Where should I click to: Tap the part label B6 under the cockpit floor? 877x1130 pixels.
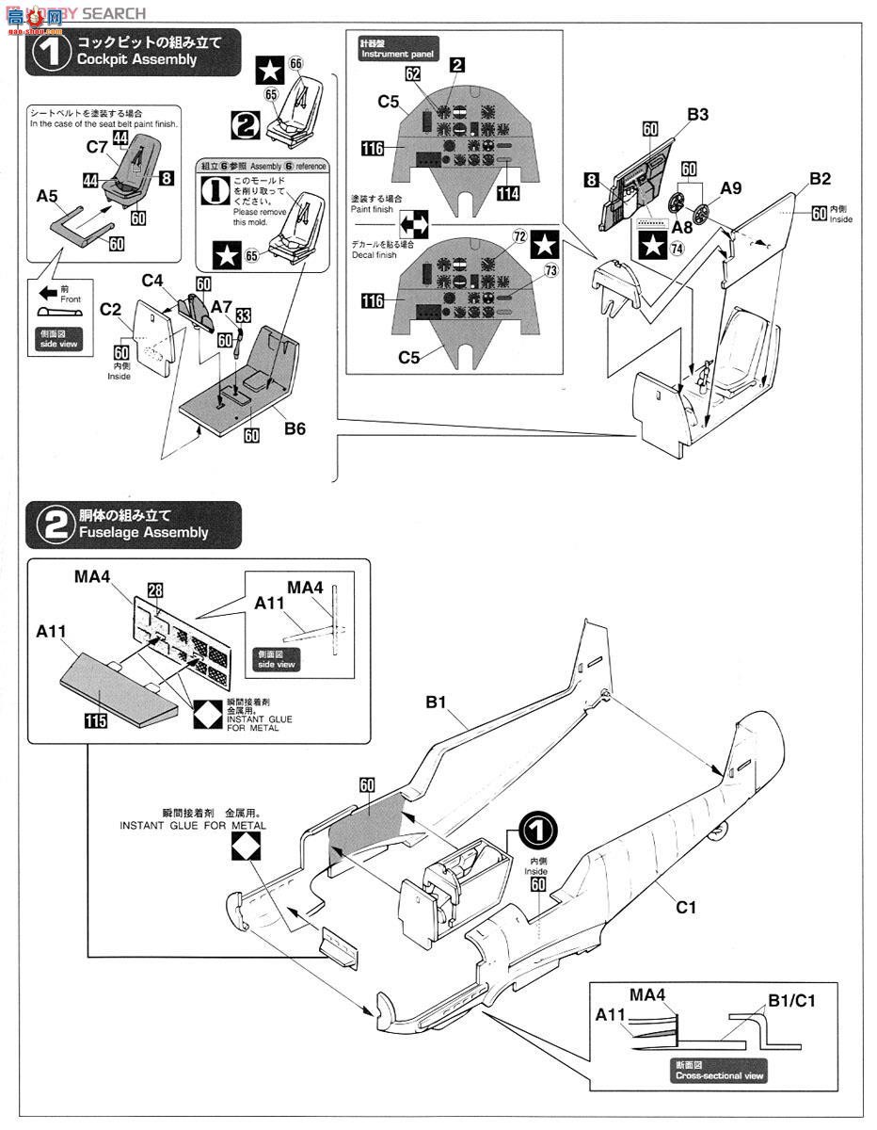295,428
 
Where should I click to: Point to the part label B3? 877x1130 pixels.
697,115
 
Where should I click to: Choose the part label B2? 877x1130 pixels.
820,179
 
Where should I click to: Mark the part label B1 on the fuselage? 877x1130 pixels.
435,702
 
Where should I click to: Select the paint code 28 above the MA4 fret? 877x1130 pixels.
155,589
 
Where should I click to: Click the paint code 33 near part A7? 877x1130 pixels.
243,316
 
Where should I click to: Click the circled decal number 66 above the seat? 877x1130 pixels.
296,63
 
